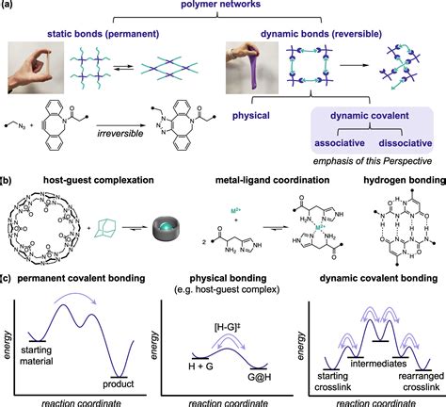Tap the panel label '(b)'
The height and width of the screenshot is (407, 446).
[8, 202]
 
